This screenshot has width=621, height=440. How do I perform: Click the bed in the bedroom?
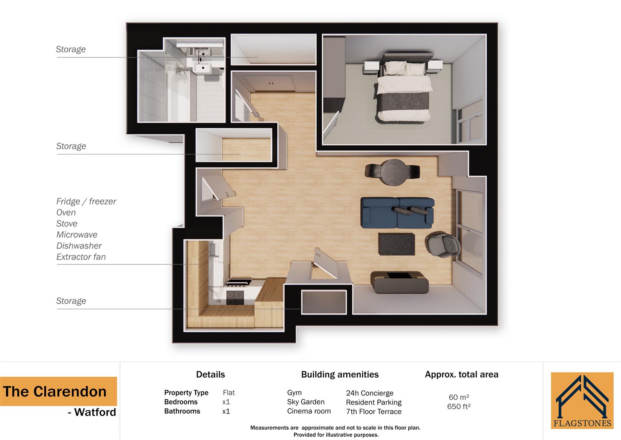tap(403, 92)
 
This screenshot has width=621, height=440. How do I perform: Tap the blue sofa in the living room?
tap(397, 213)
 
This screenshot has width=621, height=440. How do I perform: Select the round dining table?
tap(393, 172)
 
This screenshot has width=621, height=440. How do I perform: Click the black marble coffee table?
tap(397, 244)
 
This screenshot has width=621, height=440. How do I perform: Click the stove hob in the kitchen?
tap(235, 297)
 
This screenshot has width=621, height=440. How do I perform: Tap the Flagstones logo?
tap(582, 400)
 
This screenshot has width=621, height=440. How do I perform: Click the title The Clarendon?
tap(55, 392)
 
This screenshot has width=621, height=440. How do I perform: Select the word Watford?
tap(95, 412)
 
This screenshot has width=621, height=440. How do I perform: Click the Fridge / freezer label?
tap(86, 201)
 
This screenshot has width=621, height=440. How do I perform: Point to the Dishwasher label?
tap(79, 246)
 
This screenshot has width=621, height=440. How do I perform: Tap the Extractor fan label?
tap(81, 257)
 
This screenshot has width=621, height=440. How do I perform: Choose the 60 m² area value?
tap(459, 397)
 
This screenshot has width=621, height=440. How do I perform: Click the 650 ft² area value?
tap(459, 407)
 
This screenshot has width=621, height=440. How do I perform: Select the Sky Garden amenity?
tap(306, 402)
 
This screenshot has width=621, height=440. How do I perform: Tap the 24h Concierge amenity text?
tap(370, 393)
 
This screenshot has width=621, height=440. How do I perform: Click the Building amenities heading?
tap(340, 374)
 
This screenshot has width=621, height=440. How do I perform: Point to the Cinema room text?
tap(309, 411)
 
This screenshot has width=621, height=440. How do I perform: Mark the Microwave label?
tap(77, 235)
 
